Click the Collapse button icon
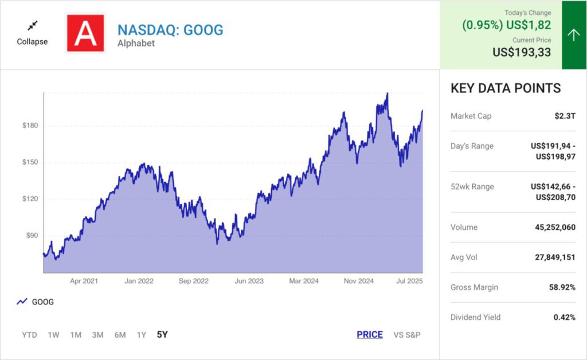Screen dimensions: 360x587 [x=32, y=25]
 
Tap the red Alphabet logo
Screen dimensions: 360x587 [x=85, y=33]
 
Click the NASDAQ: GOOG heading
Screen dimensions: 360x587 [x=170, y=30]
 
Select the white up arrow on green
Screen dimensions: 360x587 [x=574, y=35]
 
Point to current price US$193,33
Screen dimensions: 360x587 [x=522, y=52]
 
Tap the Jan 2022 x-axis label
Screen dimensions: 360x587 [x=139, y=281]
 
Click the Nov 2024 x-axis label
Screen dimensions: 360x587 [x=359, y=281]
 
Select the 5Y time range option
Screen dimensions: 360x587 [x=162, y=335]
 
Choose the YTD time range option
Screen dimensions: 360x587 [x=29, y=335]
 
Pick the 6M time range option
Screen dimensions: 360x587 [x=120, y=335]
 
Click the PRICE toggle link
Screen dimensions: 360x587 [x=369, y=335]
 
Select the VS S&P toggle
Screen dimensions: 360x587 [x=407, y=335]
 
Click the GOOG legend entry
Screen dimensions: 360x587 [x=36, y=302]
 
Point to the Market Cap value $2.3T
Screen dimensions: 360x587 [x=565, y=116]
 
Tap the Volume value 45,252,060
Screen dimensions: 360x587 [x=555, y=227]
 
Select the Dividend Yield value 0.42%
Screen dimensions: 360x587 [x=564, y=317]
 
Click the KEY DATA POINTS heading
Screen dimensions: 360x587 [x=506, y=88]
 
